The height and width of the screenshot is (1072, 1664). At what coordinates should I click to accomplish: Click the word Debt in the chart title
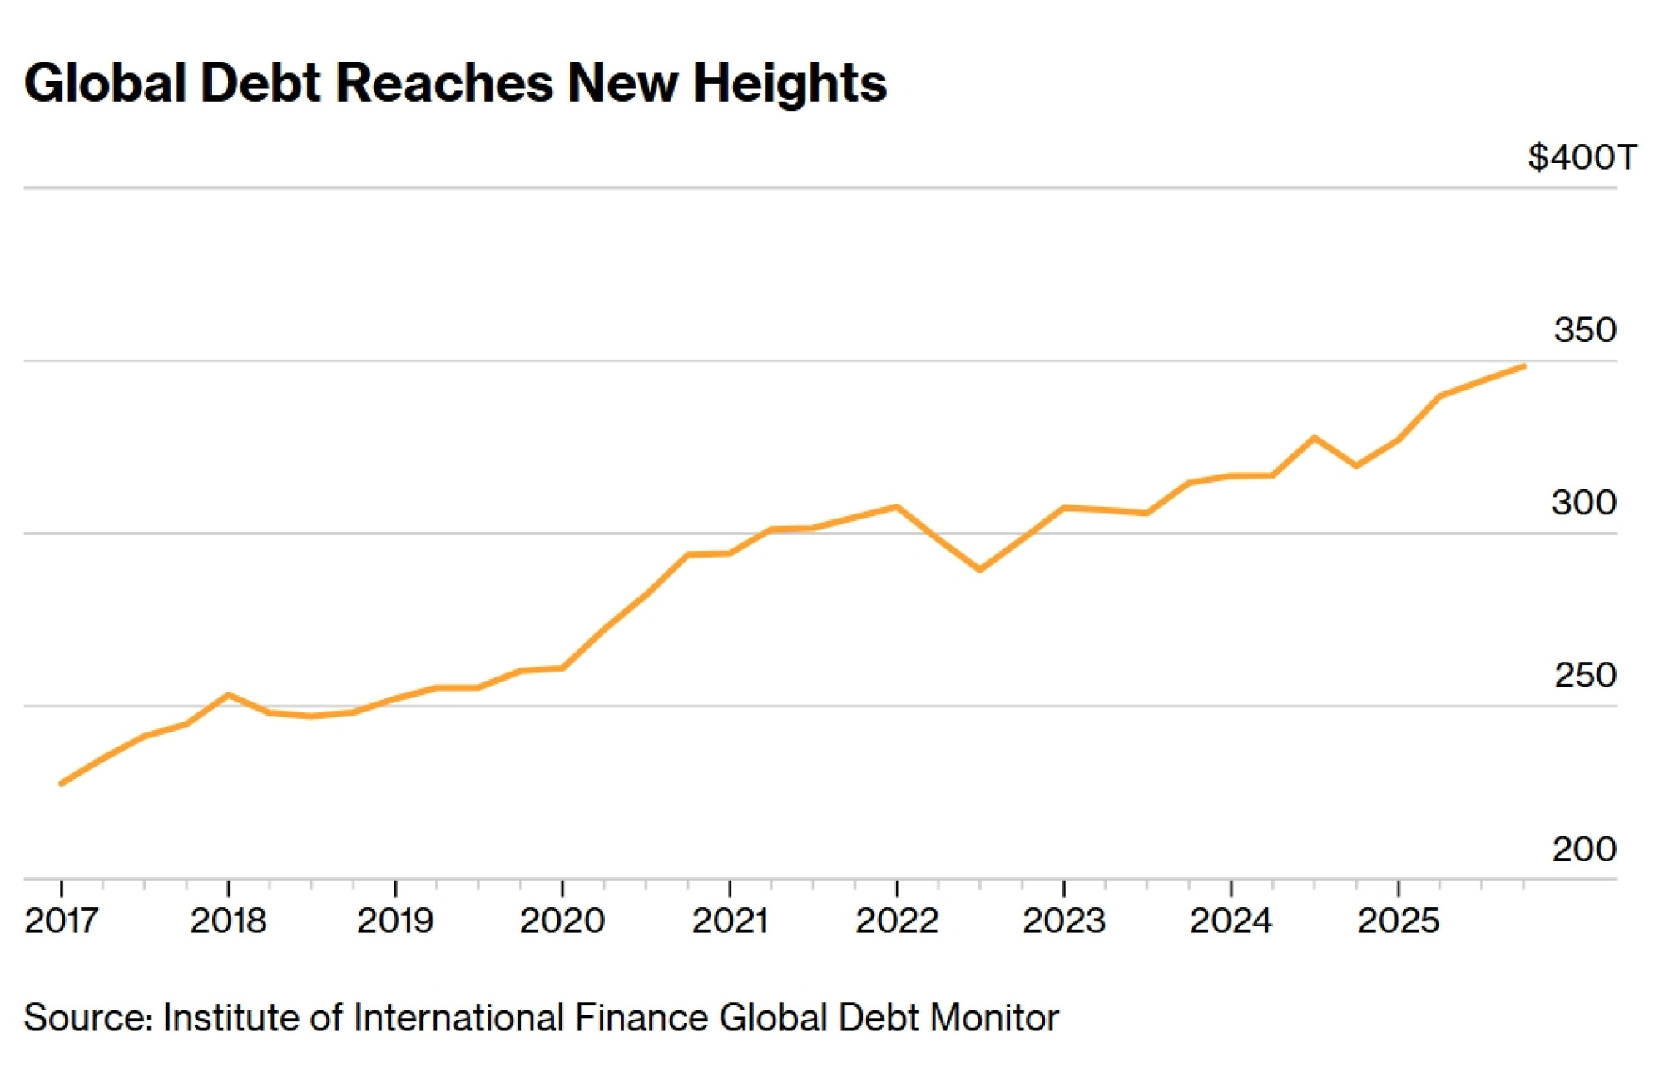click(260, 83)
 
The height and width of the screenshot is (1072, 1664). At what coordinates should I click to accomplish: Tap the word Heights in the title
click(790, 83)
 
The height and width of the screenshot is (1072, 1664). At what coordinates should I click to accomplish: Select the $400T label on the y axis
click(1582, 157)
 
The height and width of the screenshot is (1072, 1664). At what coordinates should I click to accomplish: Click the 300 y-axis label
click(1583, 503)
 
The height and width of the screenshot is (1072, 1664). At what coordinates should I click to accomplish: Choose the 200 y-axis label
click(1584, 849)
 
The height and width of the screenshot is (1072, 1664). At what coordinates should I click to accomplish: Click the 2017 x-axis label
click(62, 921)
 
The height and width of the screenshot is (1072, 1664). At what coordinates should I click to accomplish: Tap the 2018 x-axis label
click(228, 921)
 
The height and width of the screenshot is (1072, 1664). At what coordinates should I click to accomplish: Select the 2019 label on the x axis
click(395, 921)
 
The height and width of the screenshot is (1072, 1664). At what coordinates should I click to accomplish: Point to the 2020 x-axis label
click(562, 921)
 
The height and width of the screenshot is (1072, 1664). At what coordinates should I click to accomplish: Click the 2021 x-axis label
click(730, 921)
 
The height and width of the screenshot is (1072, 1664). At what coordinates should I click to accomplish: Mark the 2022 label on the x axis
click(897, 921)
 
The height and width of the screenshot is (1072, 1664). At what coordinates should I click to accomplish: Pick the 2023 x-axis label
click(1064, 921)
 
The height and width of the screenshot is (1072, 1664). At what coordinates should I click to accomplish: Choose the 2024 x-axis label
click(1231, 921)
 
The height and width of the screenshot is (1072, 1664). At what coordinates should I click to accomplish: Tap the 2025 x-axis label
click(1399, 921)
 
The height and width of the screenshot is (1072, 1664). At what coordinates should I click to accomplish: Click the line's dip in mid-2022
click(980, 570)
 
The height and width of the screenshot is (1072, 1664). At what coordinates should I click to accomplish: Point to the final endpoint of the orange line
click(1523, 366)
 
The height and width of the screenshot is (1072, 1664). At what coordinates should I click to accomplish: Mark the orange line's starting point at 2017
click(62, 783)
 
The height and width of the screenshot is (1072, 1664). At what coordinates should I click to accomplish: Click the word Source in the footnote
click(87, 1018)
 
